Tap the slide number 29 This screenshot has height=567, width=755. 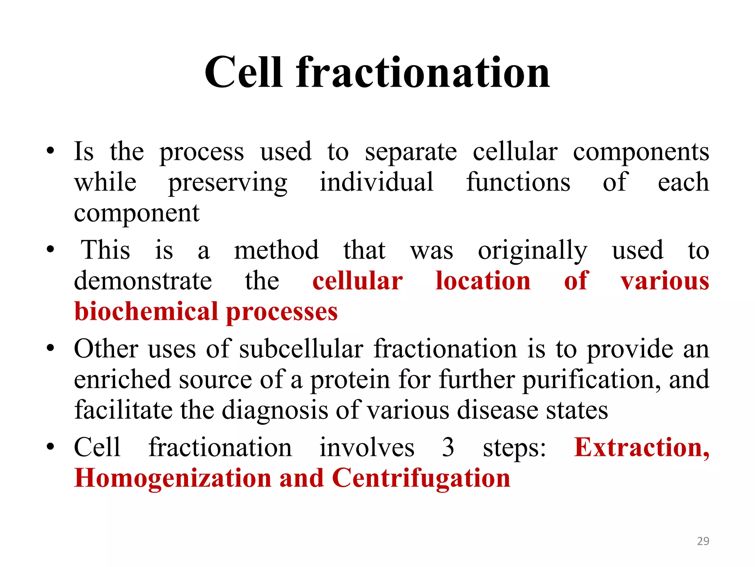[x=703, y=541]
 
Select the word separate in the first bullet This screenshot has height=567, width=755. [x=411, y=152]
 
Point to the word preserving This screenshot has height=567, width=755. [x=227, y=183]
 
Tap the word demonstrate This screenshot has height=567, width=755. [x=143, y=281]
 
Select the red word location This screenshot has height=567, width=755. [x=483, y=281]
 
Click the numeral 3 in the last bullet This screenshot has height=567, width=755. [x=448, y=447]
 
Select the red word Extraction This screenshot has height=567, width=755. [x=641, y=447]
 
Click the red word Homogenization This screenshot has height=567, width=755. [x=173, y=479]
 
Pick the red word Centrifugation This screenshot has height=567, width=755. [x=421, y=479]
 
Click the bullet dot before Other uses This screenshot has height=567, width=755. [x=51, y=348]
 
